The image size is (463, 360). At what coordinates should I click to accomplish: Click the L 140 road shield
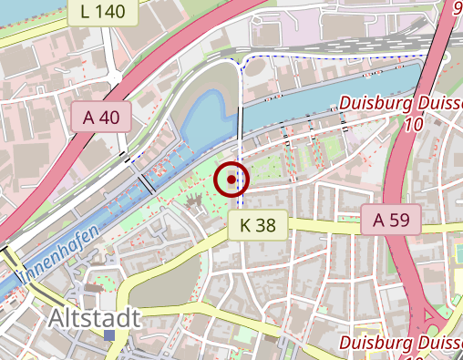(101, 12)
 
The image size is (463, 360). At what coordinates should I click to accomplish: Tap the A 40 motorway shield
(100, 117)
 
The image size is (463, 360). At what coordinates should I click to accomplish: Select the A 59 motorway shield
(391, 220)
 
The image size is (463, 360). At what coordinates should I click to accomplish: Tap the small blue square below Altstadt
(110, 336)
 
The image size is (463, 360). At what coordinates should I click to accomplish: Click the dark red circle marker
(231, 180)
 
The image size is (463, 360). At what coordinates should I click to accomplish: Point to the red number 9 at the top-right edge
(457, 9)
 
